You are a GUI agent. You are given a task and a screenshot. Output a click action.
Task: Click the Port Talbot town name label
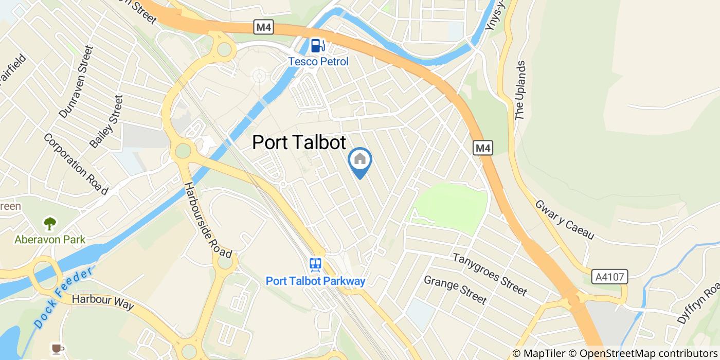(x=299, y=142)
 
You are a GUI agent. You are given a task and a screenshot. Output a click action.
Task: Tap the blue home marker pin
(x=360, y=160)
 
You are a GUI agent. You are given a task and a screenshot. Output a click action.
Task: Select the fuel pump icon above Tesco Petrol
(x=318, y=46)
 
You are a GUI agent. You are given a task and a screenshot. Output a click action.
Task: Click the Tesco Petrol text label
(x=318, y=62)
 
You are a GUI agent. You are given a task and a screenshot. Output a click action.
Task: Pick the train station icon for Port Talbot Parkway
(x=315, y=265)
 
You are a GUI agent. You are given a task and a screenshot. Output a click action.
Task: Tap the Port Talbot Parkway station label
(x=315, y=281)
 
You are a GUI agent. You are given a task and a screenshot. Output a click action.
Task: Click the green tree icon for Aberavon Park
(x=50, y=224)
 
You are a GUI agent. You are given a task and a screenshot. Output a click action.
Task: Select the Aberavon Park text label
(x=50, y=240)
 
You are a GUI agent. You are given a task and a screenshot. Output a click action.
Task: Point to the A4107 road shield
(x=610, y=277)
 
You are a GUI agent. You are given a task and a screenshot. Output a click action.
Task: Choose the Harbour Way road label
(x=103, y=302)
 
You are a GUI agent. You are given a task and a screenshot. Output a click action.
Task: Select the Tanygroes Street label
(x=490, y=275)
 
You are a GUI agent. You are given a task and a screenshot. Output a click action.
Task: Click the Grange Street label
(x=455, y=289)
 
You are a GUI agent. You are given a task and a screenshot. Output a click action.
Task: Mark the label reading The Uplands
(x=520, y=91)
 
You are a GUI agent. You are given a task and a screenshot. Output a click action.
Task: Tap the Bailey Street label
(x=106, y=122)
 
